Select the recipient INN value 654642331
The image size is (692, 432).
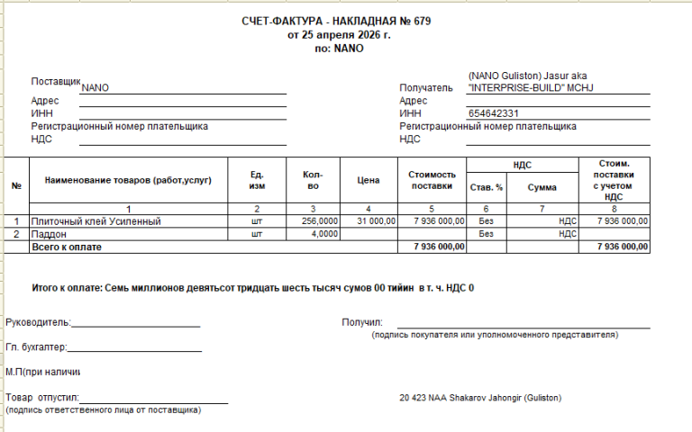[494, 114]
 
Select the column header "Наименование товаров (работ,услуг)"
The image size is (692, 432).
[127, 180]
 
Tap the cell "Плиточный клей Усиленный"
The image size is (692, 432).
[96, 220]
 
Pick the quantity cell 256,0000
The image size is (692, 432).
[320, 220]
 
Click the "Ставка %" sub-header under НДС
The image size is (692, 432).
[487, 187]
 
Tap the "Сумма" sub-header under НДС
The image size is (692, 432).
[542, 187]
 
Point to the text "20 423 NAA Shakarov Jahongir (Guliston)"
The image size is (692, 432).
[479, 398]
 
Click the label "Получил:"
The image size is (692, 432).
[362, 322]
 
